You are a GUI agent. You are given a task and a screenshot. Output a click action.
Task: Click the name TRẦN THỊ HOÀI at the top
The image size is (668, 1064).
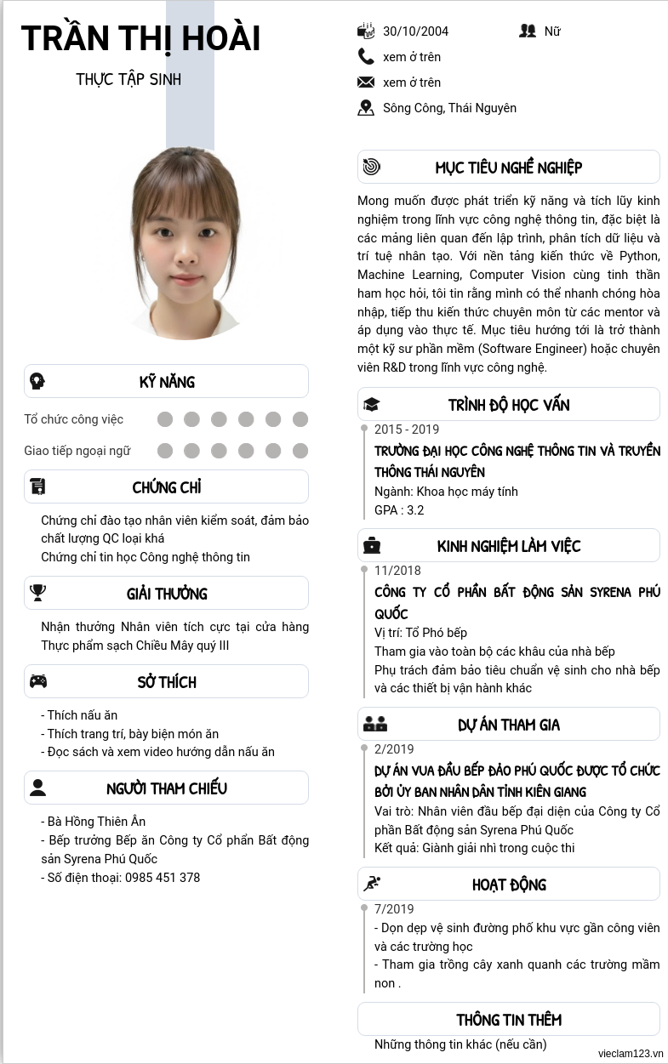click(140, 39)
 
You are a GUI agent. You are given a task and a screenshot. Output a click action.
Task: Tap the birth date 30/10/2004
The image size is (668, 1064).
click(415, 31)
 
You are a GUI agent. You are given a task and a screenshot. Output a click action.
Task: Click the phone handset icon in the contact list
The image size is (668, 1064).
click(366, 57)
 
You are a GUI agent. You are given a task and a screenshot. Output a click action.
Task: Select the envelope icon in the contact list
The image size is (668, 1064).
click(366, 83)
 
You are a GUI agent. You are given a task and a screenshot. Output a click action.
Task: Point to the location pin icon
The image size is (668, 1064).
click(366, 108)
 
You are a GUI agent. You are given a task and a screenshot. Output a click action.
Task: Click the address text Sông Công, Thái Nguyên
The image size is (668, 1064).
click(449, 108)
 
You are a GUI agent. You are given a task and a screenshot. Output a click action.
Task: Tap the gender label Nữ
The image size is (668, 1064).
click(552, 31)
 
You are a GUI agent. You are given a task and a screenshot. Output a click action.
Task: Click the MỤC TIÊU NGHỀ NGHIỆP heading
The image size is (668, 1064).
click(509, 168)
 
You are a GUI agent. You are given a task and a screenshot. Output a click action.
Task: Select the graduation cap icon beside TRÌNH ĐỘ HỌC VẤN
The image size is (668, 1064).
click(371, 405)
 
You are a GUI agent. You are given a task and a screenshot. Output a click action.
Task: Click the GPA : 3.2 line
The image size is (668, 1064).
click(399, 510)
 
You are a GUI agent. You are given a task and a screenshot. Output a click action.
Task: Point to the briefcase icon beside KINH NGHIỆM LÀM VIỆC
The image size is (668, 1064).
click(372, 546)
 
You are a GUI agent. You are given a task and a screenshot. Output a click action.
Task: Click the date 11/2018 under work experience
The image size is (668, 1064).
click(397, 571)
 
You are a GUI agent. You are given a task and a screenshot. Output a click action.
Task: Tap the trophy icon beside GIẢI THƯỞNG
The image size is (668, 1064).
click(37, 593)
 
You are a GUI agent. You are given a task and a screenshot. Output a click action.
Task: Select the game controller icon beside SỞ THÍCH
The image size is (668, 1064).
click(38, 681)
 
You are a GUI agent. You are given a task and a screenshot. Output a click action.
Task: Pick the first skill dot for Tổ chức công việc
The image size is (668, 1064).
click(165, 419)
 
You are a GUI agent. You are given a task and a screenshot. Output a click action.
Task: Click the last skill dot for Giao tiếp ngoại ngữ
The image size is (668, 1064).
click(300, 451)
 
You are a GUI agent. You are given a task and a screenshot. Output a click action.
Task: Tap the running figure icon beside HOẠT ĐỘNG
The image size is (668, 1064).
click(372, 885)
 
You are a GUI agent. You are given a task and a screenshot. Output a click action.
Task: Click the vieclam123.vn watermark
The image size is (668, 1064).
click(630, 1053)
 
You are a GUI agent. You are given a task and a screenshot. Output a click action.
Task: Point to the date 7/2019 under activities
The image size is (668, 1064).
click(394, 909)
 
